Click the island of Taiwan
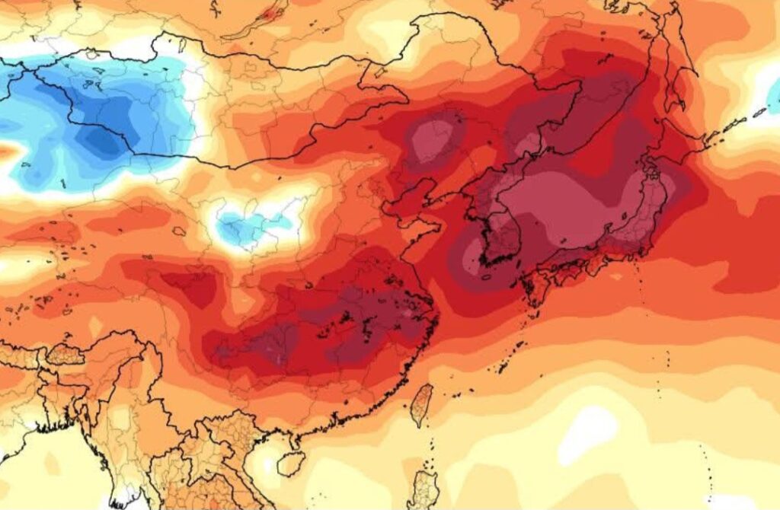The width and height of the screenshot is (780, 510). click(x=421, y=404)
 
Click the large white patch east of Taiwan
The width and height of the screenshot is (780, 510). click(x=587, y=434)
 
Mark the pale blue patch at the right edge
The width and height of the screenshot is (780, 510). click(x=773, y=99)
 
